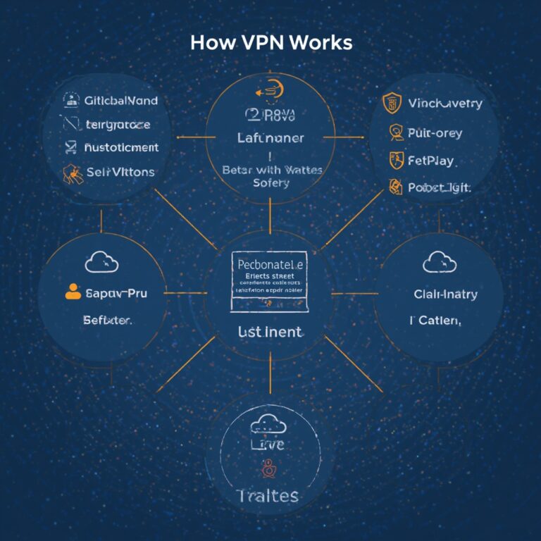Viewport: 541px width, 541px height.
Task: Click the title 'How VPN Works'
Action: tap(270, 42)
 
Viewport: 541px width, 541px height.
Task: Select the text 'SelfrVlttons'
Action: tap(120, 171)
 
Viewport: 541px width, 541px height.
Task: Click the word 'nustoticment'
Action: tap(120, 148)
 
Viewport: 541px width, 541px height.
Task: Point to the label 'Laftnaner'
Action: tap(270, 138)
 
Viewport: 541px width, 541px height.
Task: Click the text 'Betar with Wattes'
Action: tap(270, 170)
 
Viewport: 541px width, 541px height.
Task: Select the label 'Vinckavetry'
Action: tap(444, 104)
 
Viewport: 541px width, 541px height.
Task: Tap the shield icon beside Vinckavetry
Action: tap(390, 104)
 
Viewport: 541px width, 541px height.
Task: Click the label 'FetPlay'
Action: tap(432, 161)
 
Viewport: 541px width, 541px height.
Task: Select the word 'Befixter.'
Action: tap(106, 320)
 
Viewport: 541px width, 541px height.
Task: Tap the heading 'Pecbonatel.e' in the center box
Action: tap(270, 264)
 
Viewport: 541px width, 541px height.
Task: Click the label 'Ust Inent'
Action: tap(270, 331)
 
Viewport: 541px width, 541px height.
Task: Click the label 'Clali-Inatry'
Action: tap(444, 294)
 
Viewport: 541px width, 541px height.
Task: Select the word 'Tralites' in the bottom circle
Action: tap(268, 495)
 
